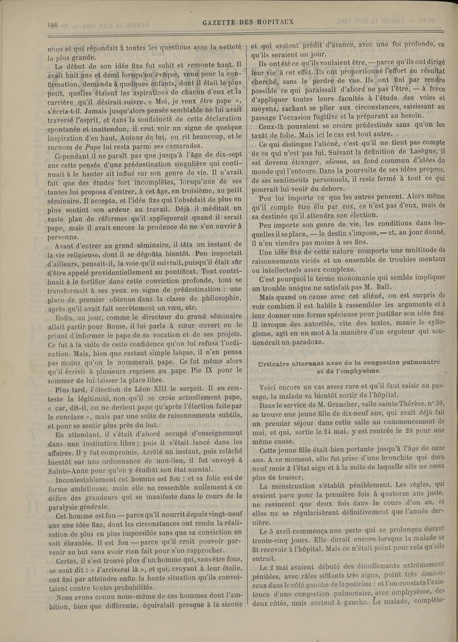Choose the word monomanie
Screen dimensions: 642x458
[335, 277]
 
